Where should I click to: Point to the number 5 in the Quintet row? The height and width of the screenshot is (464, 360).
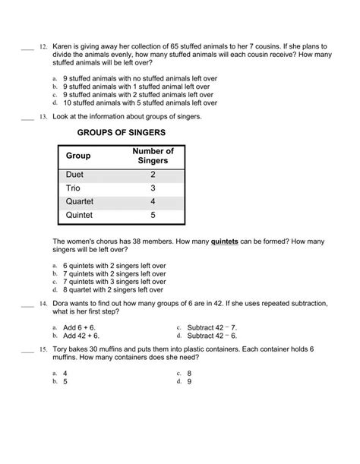click(x=152, y=216)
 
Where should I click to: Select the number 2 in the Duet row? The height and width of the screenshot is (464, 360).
click(x=152, y=174)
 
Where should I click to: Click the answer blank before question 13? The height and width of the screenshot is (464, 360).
click(x=25, y=117)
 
